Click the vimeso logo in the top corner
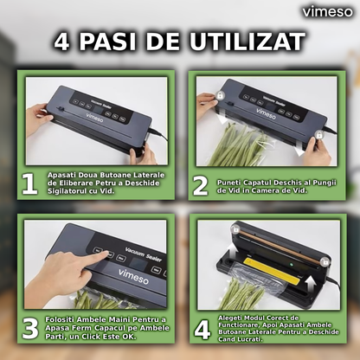point(327,11)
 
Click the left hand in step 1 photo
point(39,117)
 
